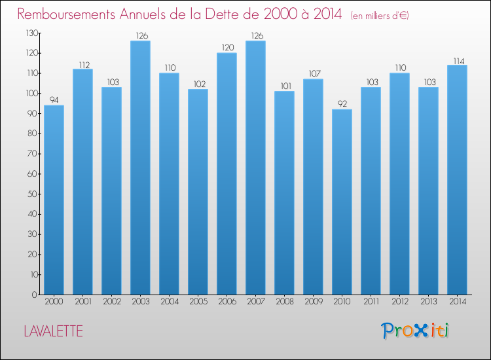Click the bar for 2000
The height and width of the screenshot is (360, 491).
[x=54, y=200]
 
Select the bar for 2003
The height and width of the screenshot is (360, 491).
[x=140, y=168]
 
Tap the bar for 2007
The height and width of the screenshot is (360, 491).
[x=255, y=168]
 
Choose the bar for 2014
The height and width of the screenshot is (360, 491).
[x=457, y=179]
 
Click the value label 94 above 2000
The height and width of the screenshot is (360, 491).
[x=54, y=100]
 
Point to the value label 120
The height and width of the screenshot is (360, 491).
[x=227, y=47]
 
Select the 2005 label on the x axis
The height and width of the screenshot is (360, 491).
[x=198, y=302]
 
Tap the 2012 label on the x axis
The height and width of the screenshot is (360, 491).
[x=399, y=302]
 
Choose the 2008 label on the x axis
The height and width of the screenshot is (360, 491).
[x=284, y=302]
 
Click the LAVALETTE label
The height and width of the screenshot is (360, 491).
[x=53, y=331]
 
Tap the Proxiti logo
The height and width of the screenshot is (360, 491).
[x=415, y=331]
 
